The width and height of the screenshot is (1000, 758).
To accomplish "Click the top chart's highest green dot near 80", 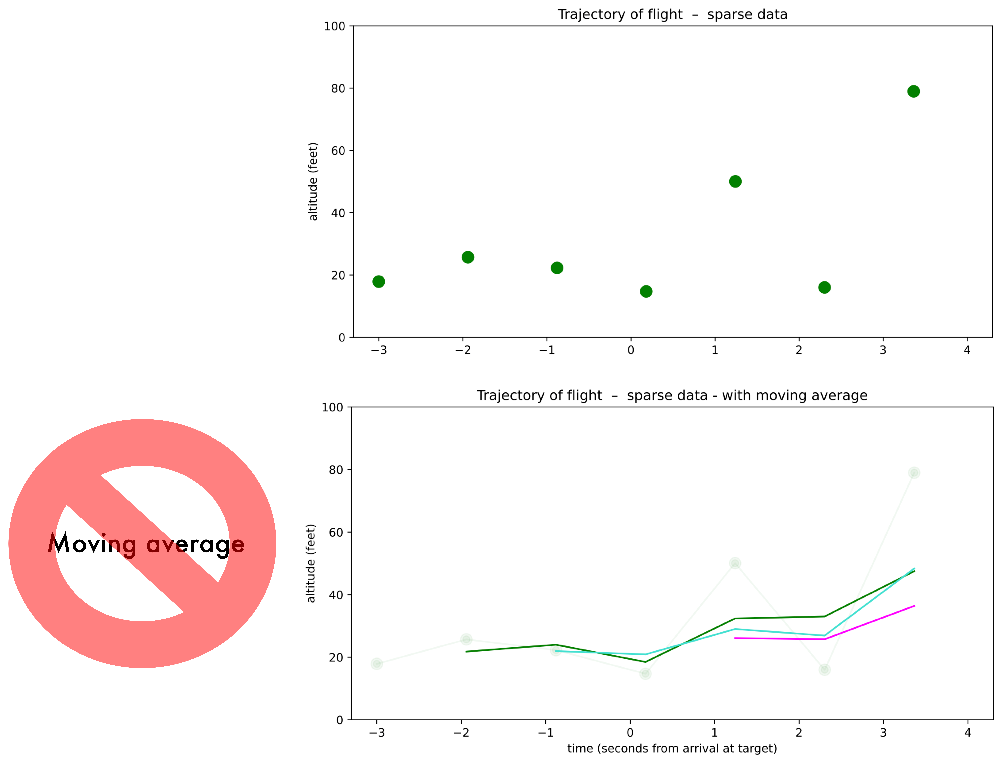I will click(x=913, y=91).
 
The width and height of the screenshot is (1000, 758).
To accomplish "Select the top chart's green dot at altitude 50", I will click(x=735, y=181).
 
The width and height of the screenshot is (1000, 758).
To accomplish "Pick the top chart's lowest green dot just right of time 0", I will click(x=646, y=291).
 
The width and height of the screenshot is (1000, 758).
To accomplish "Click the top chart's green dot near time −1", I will click(x=557, y=268).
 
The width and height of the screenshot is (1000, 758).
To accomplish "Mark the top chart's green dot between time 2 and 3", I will click(x=824, y=287).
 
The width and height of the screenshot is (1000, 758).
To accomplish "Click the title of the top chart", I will click(x=672, y=14).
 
